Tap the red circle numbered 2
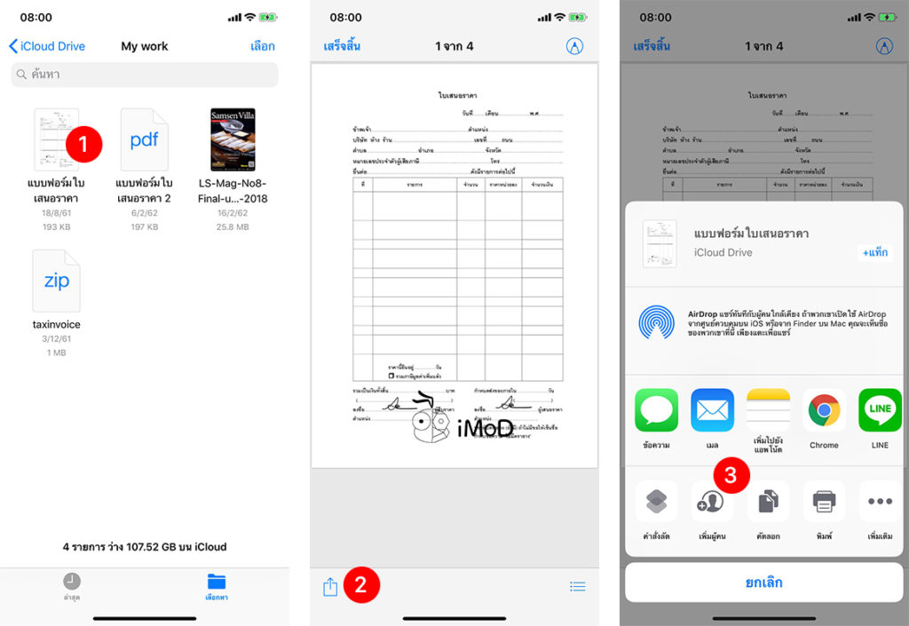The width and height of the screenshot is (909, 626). pos(360,584)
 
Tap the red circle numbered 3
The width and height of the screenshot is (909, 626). pos(731,476)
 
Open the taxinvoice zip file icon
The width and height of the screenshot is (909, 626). pos(56,281)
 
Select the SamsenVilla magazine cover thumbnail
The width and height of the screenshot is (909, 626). pos(233,139)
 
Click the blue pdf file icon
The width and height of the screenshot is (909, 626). pos(144,140)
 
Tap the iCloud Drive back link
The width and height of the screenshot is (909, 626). pos(46,46)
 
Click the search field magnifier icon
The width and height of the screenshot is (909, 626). pos(21,75)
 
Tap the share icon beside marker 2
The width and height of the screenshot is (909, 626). pos(330,586)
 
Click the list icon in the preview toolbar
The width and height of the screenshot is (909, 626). pos(577,586)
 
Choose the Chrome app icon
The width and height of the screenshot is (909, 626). pos(824,410)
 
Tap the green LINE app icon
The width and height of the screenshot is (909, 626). pos(880,410)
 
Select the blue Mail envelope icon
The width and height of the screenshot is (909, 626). pos(712,410)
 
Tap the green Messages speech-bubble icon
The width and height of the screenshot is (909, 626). pos(656,410)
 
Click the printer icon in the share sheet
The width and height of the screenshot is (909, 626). pos(824,503)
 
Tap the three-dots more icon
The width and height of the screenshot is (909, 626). pos(880,503)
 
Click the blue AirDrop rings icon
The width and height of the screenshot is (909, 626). pos(656,321)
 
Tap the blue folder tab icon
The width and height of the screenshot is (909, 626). pos(217,582)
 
